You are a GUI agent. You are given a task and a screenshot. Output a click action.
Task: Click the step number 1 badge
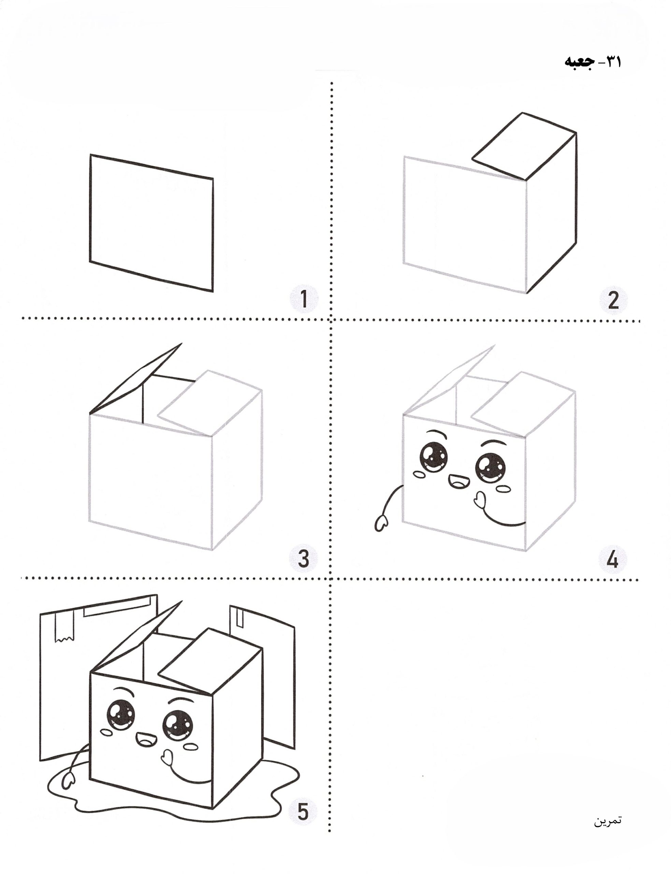point(304,299)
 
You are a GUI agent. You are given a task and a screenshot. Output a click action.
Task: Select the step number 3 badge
point(304,559)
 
